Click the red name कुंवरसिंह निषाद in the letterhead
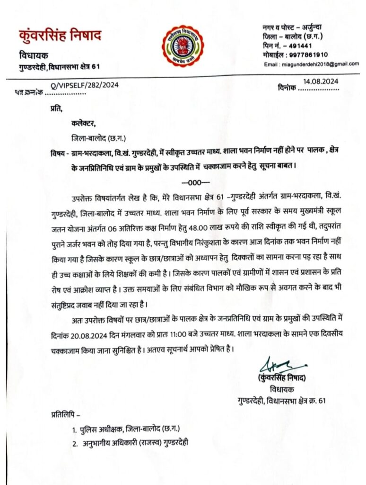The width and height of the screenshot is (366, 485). coord(60,36)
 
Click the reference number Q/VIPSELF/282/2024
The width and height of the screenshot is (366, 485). coord(84,86)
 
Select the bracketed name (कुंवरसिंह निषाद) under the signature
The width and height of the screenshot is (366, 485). coord(283,379)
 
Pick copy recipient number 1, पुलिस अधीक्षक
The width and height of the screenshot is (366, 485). coord(103,430)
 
